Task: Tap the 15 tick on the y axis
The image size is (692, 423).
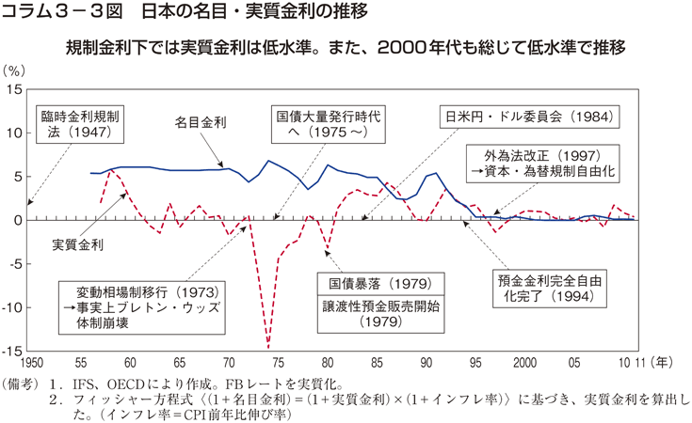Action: [14, 89]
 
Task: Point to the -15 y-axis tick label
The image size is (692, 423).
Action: [11, 351]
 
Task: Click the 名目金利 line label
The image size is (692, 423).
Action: [201, 122]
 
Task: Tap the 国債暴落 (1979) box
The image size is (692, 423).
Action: [368, 282]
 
